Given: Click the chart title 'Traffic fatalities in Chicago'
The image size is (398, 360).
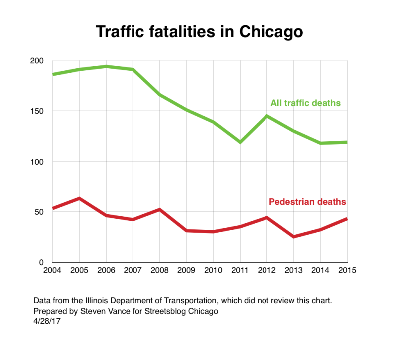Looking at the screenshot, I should coord(199,31).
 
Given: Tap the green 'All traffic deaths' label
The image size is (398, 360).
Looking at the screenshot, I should coord(305,103).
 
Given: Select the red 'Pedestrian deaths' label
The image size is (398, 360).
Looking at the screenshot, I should coord(307,202).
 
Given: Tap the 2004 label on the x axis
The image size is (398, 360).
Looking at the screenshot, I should coord(52,271).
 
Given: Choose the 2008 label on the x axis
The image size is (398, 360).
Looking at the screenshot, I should coord(159,271).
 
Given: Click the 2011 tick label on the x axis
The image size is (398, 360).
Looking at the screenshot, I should coord(240,271).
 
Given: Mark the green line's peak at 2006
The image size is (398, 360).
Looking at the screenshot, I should coord(106,66).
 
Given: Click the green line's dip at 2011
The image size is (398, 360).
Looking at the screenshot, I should coord(240,142).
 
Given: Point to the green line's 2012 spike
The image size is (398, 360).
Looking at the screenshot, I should coord(267,116).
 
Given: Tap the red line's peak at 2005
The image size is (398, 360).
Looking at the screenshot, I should coord(79,198).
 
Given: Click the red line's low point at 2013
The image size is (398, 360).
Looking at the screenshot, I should coord(294,237).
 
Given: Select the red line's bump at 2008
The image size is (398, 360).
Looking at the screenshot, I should coord(159,209).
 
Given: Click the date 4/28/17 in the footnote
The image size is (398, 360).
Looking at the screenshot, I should coord(46,320).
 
